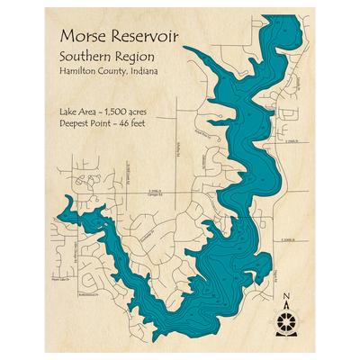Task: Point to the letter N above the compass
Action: pyautogui.click(x=286, y=297)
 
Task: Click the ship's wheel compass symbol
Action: pyautogui.click(x=286, y=320)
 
